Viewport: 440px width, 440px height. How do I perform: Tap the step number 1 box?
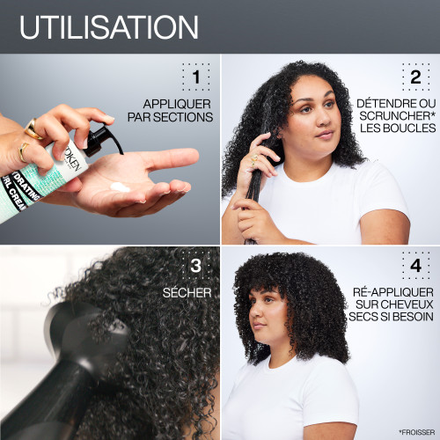click(x=196, y=78)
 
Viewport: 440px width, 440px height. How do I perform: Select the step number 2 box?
click(x=415, y=78)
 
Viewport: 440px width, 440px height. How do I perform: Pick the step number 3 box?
click(x=196, y=265)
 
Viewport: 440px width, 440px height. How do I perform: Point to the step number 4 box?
click(x=415, y=265)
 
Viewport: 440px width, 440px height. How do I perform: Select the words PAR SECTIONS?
click(x=171, y=116)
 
